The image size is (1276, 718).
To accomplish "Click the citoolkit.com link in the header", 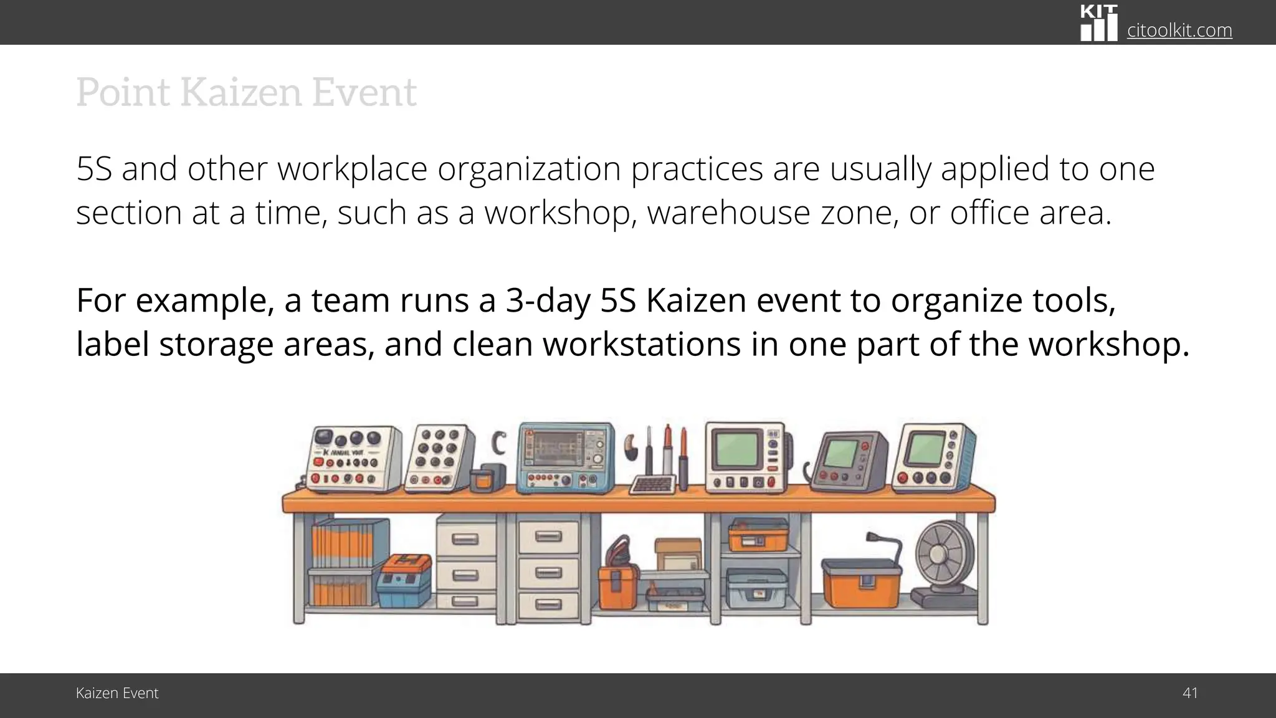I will point(1179,30).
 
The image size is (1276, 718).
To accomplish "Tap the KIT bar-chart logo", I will point(1098,23).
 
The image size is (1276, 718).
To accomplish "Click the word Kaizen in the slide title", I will point(240,92).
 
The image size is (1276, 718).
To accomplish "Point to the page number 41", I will point(1189,693).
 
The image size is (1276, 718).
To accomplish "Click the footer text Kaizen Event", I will point(117,693).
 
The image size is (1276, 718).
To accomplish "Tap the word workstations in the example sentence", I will point(642,344).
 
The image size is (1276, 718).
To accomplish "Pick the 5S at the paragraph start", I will point(94,169).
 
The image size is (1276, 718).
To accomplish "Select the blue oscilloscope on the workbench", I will point(566,458).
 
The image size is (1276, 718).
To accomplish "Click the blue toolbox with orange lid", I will point(404,581).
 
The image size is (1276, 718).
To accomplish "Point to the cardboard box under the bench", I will point(677,554).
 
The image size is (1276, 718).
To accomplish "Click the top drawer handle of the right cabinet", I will point(548,537).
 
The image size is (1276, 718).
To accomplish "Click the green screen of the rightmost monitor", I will point(924,449).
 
